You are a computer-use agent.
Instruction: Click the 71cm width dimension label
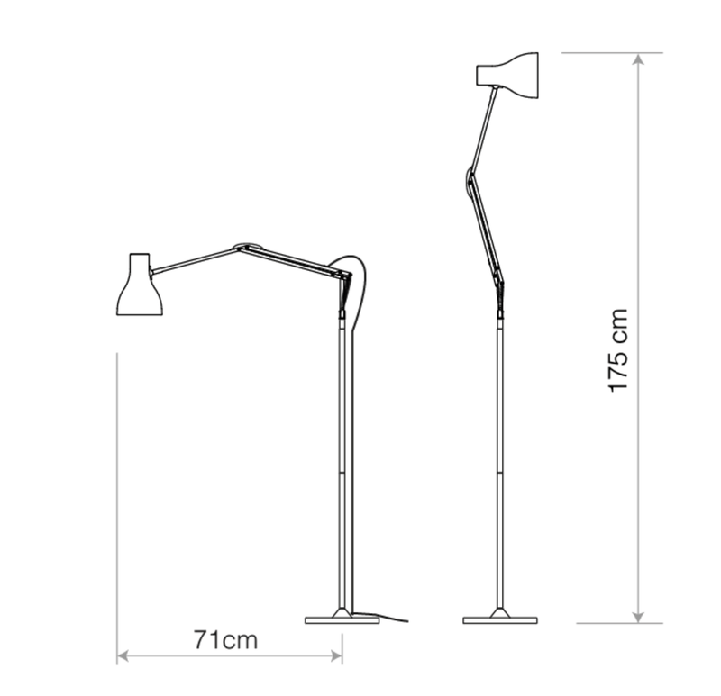(x=225, y=640)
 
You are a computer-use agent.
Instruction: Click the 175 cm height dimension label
(x=617, y=351)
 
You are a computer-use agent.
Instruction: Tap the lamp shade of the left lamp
(x=139, y=285)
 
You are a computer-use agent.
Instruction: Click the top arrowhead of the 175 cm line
(x=638, y=59)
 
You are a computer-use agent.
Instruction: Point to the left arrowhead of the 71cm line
(x=123, y=657)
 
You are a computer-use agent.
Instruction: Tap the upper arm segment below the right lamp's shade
(x=483, y=126)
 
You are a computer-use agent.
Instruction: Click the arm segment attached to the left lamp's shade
(x=194, y=259)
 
